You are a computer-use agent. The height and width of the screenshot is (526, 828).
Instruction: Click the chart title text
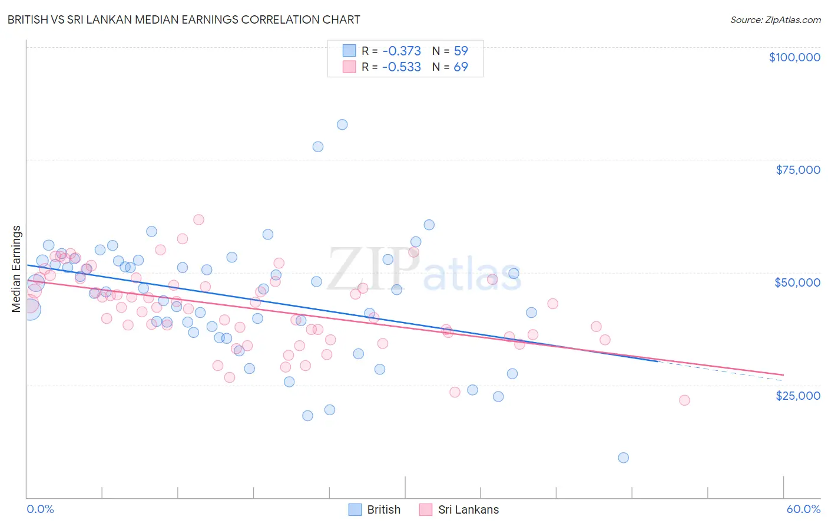coord(184,19)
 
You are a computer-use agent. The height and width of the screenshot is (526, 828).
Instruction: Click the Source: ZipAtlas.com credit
coord(775,19)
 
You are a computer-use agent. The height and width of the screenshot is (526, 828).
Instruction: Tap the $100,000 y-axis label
coord(794,57)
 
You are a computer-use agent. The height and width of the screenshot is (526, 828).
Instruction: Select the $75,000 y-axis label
coord(797,170)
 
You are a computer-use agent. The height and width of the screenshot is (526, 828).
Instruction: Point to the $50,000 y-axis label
coord(797,282)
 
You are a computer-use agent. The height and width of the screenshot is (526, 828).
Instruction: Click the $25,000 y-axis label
coord(797,395)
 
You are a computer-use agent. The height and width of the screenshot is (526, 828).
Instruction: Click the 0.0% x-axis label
coord(40,509)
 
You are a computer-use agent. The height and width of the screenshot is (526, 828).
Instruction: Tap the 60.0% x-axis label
coord(803,509)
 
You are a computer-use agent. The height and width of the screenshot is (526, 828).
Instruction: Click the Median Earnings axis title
coord(16,269)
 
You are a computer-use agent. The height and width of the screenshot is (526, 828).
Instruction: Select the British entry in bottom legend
coord(383,509)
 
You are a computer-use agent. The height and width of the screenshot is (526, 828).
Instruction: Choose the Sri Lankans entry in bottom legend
coord(468,509)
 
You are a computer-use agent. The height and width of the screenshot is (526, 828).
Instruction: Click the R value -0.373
coord(402,51)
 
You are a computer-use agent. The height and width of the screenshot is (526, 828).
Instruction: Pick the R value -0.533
coord(402,67)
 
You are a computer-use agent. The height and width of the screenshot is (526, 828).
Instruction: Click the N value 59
coord(461,51)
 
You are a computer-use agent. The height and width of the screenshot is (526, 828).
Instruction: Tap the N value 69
coord(461,67)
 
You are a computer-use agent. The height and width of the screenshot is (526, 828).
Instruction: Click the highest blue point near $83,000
coord(342,124)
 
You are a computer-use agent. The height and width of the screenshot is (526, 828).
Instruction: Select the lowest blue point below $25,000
coord(624,458)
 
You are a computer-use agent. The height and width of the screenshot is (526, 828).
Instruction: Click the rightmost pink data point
coord(684,400)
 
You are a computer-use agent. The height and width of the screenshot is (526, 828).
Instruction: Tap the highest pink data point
coord(198,219)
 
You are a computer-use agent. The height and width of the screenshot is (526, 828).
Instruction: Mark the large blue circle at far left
coord(30,309)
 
